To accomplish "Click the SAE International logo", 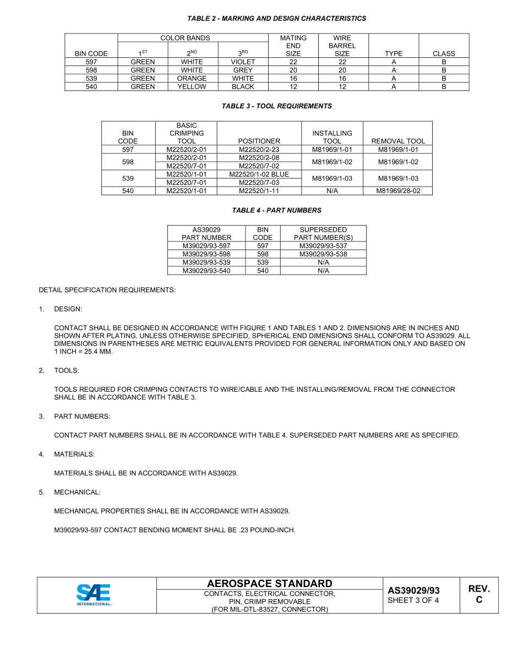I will tap(95, 595).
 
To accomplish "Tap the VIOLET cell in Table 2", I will tap(243, 62).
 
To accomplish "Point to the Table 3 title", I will tap(276, 106).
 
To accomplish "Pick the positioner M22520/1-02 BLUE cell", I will tap(259, 174).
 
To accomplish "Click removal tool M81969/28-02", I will tap(398, 191).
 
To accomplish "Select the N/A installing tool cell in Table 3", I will tap(332, 191).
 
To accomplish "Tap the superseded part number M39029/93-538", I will tap(323, 254).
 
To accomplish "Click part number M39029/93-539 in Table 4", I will tap(206, 262).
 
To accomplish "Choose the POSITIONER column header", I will tap(259, 141).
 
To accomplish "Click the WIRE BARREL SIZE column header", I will tap(342, 46).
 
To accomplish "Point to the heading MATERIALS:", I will tap(74, 454).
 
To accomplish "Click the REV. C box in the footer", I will tap(478, 594).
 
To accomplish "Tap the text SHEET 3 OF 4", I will tap(413, 600).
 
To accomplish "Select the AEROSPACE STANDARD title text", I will tap(269, 584).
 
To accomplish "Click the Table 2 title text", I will tap(276, 19).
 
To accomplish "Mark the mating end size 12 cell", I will tap(293, 87).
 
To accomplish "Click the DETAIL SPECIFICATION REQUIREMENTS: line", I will tap(107, 290).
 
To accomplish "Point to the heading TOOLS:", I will tap(67, 370).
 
